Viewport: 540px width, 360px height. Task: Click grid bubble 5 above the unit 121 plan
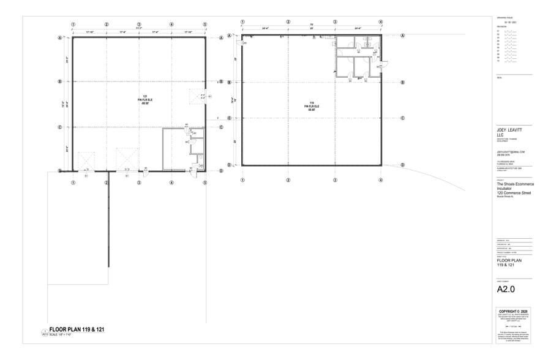tap(204, 24)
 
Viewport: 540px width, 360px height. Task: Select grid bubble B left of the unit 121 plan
tap(60, 81)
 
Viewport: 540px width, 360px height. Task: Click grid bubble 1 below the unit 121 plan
tap(73, 182)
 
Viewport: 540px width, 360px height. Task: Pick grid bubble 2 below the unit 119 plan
tap(288, 180)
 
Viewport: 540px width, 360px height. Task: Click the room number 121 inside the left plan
tap(146, 96)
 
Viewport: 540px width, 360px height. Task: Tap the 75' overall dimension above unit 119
tap(312, 25)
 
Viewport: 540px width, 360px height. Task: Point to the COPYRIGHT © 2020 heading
tap(513, 311)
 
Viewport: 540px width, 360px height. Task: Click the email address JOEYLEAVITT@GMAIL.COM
tap(511, 151)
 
